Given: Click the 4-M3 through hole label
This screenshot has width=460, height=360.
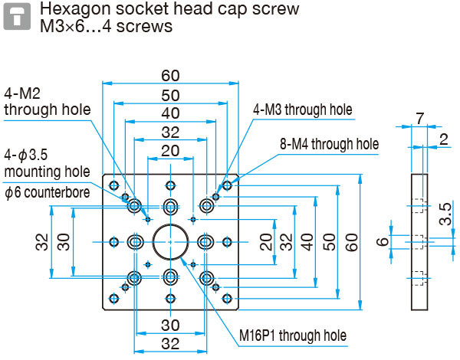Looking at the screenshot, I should point(302,110).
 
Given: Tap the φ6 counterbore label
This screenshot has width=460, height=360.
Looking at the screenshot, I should point(46,192).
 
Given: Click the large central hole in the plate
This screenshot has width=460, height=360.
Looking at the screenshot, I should point(170,241).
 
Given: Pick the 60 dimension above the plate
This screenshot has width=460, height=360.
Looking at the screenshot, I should point(170,76).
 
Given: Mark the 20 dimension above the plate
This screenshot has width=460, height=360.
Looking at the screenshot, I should point(170,149).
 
